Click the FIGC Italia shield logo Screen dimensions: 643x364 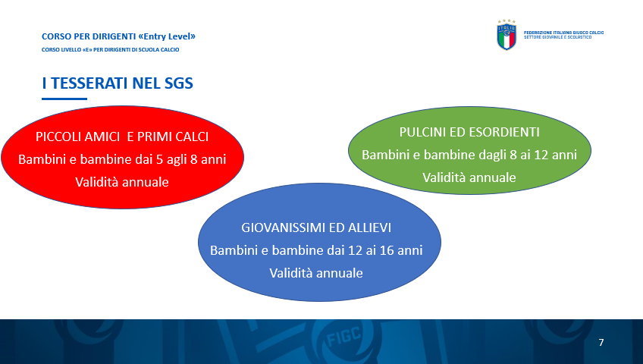tap(507, 35)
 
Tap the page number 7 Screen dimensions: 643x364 tap(601, 342)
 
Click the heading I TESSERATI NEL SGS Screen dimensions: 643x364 tap(118, 83)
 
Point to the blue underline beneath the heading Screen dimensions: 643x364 tap(64, 99)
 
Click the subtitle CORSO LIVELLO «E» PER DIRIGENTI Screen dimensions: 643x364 tap(110, 49)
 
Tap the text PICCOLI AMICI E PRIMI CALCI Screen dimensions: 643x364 tap(122, 136)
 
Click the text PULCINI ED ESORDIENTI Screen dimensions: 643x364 tap(469, 132)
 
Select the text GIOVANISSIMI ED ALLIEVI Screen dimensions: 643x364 tap(316, 227)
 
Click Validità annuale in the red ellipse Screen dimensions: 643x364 tap(122, 182)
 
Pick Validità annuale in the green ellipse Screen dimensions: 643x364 tap(469, 177)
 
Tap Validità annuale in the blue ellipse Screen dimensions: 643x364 tap(316, 273)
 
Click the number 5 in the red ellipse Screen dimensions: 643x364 tap(159, 159)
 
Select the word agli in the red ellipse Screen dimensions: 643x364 tap(177, 160)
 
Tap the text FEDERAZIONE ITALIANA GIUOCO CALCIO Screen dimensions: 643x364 tap(564, 33)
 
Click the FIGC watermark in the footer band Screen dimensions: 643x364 tap(343, 336)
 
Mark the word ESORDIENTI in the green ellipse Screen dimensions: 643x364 tap(504, 132)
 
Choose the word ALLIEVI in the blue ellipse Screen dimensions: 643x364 tap(369, 227)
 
